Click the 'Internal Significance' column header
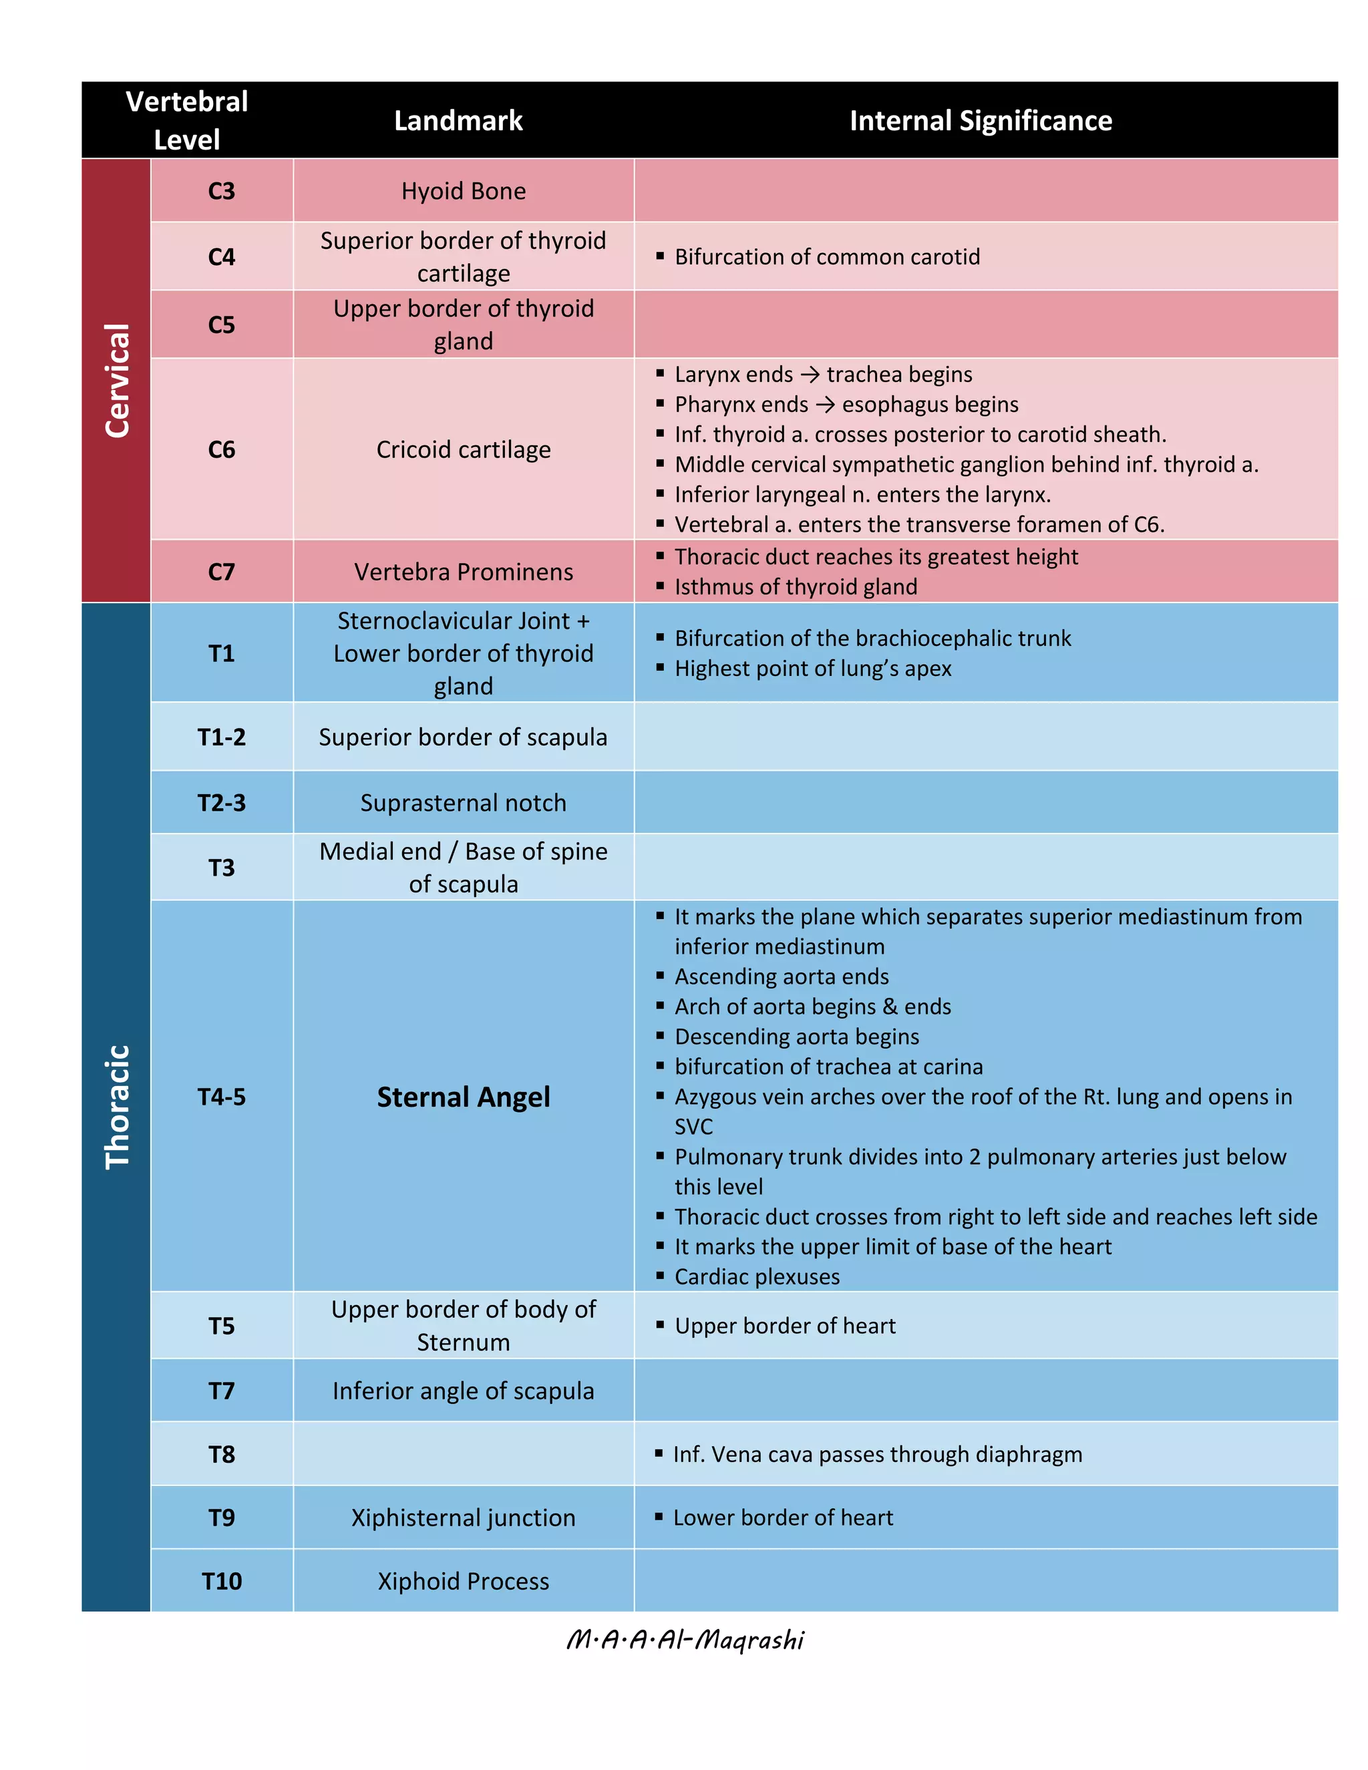tap(980, 121)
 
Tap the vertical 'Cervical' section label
tap(118, 380)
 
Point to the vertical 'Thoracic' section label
tap(118, 1106)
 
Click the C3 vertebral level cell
tap(221, 191)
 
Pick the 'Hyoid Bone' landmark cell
tap(463, 191)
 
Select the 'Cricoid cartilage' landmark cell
tap(463, 450)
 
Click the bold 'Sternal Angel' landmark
tap(463, 1097)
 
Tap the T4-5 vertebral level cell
tap(221, 1097)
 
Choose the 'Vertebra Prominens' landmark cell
tap(463, 572)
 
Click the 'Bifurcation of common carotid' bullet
tap(827, 257)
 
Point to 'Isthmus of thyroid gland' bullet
tap(796, 586)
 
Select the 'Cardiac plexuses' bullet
tap(757, 1276)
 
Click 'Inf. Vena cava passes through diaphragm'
tap(877, 1454)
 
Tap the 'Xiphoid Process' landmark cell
tap(463, 1581)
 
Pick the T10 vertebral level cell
tap(221, 1581)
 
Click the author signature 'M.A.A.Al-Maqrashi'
tap(685, 1640)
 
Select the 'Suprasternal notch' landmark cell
tap(463, 803)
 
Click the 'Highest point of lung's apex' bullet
tap(813, 669)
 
